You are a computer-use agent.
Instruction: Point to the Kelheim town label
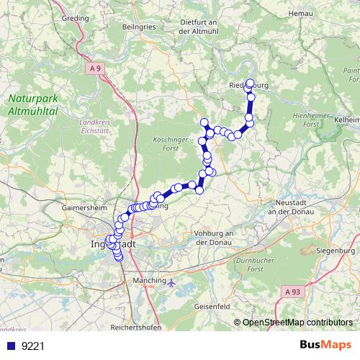[346, 118]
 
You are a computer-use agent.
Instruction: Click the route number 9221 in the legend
[33, 346]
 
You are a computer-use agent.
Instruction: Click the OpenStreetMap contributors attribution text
[297, 322]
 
